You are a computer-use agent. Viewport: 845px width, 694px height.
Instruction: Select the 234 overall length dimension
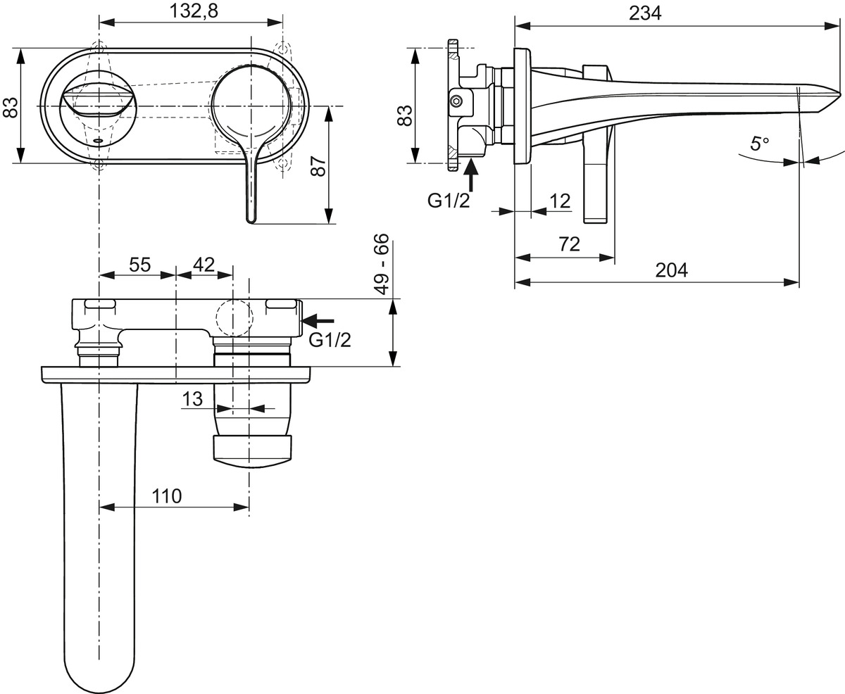[x=645, y=13]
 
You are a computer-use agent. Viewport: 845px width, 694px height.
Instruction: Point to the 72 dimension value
[x=569, y=244]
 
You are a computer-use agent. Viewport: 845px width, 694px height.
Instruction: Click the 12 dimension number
[x=560, y=201]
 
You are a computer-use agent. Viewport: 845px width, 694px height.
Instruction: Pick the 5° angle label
[x=760, y=144]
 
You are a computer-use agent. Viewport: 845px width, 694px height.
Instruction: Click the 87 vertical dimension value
[x=319, y=165]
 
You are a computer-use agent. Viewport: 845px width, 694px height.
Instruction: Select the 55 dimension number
[x=140, y=265]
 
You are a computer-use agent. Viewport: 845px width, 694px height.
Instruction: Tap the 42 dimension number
[x=204, y=265]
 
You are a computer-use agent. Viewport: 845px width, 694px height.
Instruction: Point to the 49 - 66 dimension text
[x=382, y=265]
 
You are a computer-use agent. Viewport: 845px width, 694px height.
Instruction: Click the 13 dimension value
[x=192, y=399]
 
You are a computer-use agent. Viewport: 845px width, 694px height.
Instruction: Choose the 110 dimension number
[x=167, y=496]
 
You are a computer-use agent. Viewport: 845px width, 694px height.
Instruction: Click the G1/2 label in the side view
[x=449, y=201]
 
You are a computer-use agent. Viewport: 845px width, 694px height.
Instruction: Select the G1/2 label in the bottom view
[x=330, y=340]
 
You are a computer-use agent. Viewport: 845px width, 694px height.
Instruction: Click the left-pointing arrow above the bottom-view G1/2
[x=318, y=320]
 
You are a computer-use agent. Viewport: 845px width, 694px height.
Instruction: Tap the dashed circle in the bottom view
[x=234, y=317]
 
